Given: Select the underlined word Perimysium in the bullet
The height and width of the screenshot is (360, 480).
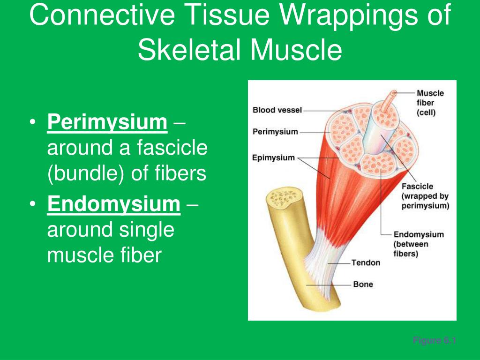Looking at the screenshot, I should coord(107,123).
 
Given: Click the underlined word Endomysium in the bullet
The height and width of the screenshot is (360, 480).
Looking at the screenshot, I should coord(114,204).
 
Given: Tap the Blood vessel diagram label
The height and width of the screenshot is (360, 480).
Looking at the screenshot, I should coord(277,110).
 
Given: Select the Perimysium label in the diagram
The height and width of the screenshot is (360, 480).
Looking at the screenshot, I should coord(275,132).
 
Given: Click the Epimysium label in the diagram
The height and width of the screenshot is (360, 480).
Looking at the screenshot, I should coord(273,157).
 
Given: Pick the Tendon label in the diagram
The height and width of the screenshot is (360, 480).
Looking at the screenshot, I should coord(366,262).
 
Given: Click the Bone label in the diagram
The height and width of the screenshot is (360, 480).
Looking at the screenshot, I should coord(363,284).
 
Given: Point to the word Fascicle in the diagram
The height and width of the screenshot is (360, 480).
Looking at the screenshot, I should coord(417,187).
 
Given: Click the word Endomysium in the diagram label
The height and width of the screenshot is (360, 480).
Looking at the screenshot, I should coord(419,234).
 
